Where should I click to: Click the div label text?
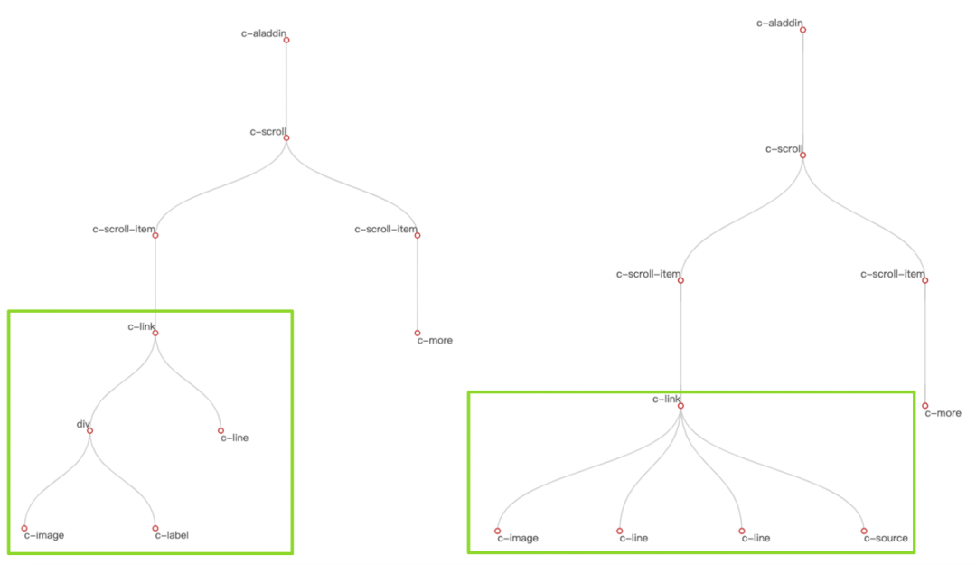pyautogui.click(x=81, y=423)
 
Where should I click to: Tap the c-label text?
pyautogui.click(x=172, y=535)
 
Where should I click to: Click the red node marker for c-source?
pyautogui.click(x=864, y=531)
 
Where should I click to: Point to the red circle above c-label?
pyautogui.click(x=155, y=528)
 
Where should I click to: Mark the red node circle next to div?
pyautogui.click(x=89, y=430)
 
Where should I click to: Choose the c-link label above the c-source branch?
pyautogui.click(x=666, y=399)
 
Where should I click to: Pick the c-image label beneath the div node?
pyautogui.click(x=44, y=535)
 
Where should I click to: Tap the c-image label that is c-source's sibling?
pyautogui.click(x=518, y=538)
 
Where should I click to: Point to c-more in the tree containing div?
pyautogui.click(x=435, y=340)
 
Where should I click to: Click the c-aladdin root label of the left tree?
pyautogui.click(x=264, y=33)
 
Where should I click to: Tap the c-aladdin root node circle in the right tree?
pyautogui.click(x=802, y=30)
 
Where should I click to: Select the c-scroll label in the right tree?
pyautogui.click(x=784, y=149)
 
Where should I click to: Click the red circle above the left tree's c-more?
pyautogui.click(x=418, y=333)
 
